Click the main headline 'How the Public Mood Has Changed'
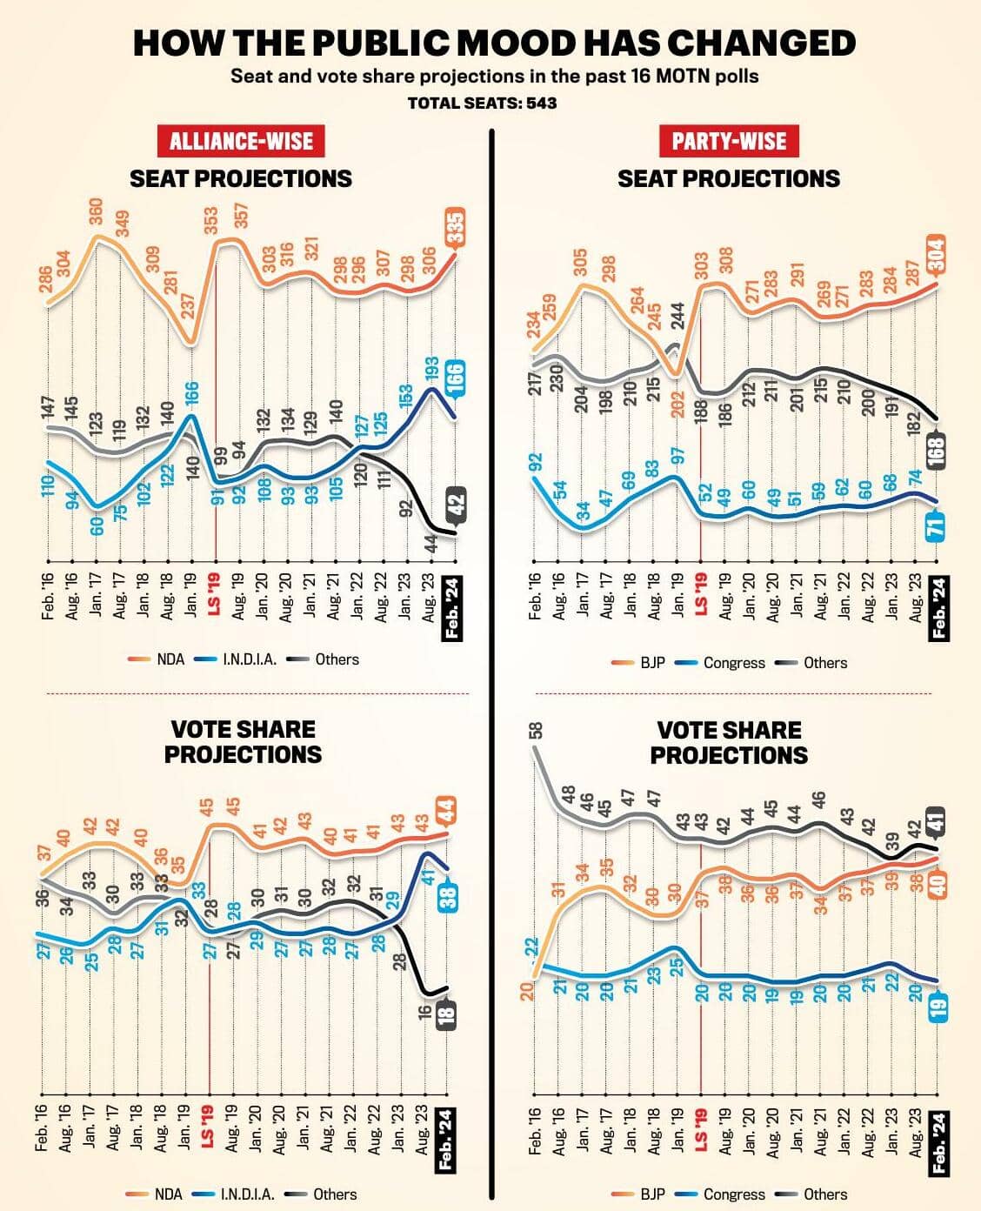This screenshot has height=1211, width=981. pyautogui.click(x=494, y=43)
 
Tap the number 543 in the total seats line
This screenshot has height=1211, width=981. pyautogui.click(x=540, y=103)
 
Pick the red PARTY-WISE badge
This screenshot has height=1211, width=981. pyautogui.click(x=729, y=141)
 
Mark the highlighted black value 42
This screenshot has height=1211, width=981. pyautogui.click(x=456, y=504)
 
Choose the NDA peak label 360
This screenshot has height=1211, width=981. pyautogui.click(x=97, y=213)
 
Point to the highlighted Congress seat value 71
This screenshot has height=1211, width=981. pyautogui.click(x=938, y=526)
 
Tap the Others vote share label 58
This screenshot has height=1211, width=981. pyautogui.click(x=536, y=731)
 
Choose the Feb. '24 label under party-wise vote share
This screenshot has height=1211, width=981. pyautogui.click(x=938, y=1141)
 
